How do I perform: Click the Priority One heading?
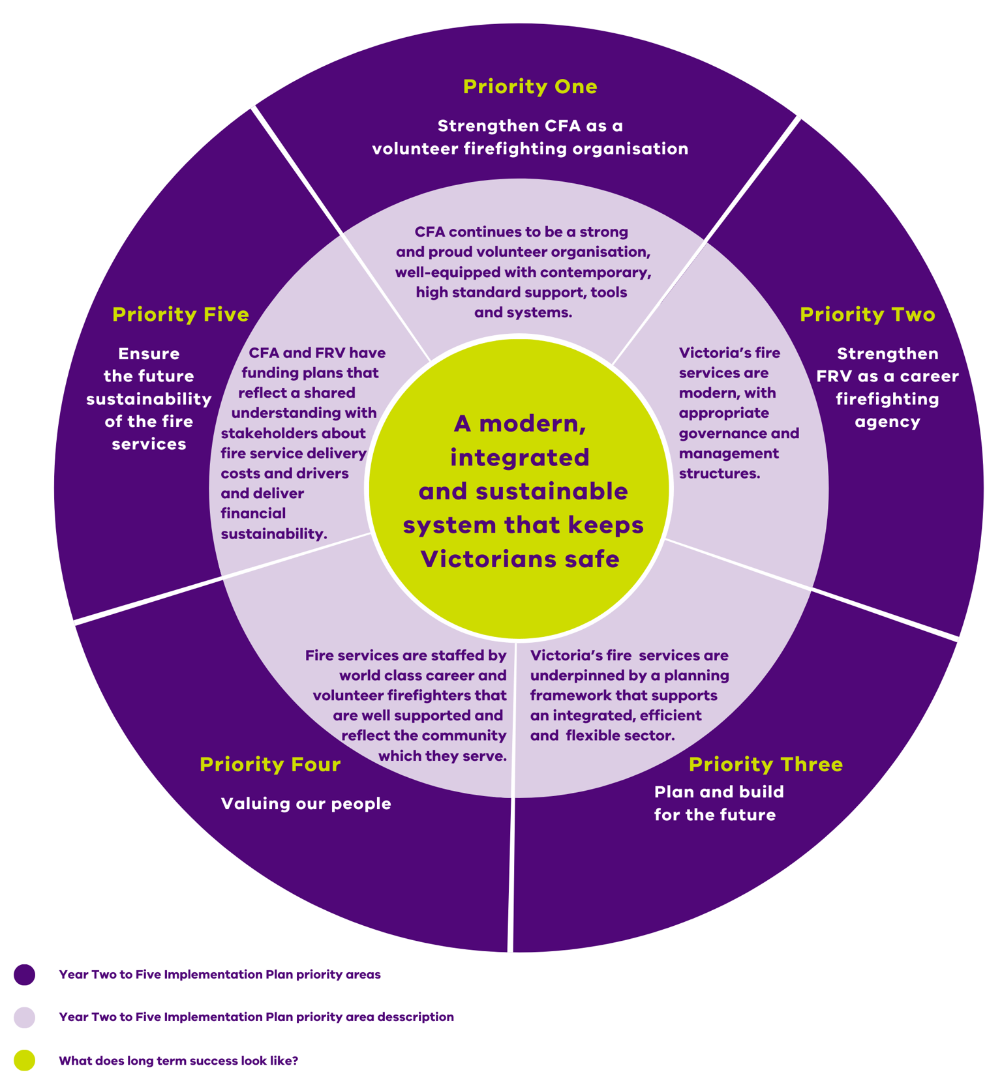click(530, 87)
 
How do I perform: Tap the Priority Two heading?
click(867, 314)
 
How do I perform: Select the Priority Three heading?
click(765, 764)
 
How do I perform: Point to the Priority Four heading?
click(270, 764)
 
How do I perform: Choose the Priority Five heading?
click(181, 314)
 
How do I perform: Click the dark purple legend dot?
click(25, 975)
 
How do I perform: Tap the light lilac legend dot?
click(25, 1017)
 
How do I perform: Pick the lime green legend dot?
click(25, 1061)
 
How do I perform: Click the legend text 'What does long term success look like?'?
click(178, 1061)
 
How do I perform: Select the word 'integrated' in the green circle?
click(520, 458)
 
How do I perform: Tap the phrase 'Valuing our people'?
click(306, 803)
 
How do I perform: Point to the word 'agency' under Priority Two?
click(887, 422)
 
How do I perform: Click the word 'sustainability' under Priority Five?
click(149, 399)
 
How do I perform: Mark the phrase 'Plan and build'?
click(719, 792)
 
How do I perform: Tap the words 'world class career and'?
click(423, 675)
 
